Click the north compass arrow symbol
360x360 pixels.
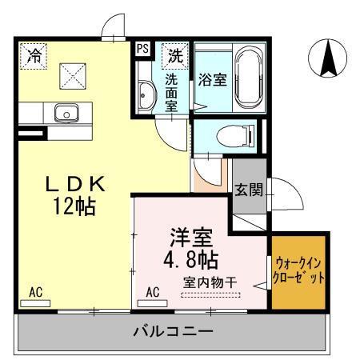pos(327,55)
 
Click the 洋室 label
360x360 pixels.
pos(189,238)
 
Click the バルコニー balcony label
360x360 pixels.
pos(172,330)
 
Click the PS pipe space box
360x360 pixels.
pos(143,49)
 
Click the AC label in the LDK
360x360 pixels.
pos(36,292)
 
